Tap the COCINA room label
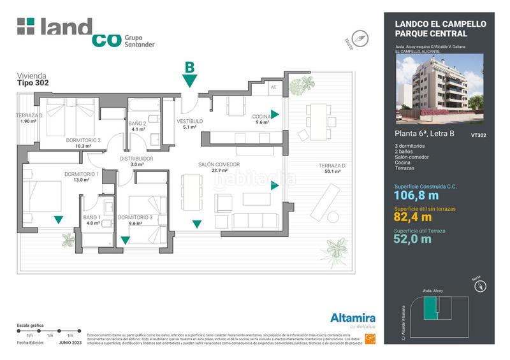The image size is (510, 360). pyautogui.click(x=261, y=116)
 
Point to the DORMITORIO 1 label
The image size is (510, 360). pyautogui.click(x=81, y=174)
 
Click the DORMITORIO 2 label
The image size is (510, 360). pyautogui.click(x=84, y=140)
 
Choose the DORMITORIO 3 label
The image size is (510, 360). pyautogui.click(x=135, y=217)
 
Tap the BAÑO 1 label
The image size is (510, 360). pyautogui.click(x=92, y=217)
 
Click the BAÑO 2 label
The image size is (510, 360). pyautogui.click(x=138, y=123)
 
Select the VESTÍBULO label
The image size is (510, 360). pyautogui.click(x=189, y=120)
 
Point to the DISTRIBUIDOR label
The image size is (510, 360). pyautogui.click(x=136, y=158)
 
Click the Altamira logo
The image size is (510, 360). pyautogui.click(x=352, y=318)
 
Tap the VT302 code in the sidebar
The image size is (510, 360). pyautogui.click(x=478, y=135)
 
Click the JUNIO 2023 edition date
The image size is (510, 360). pyautogui.click(x=71, y=342)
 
